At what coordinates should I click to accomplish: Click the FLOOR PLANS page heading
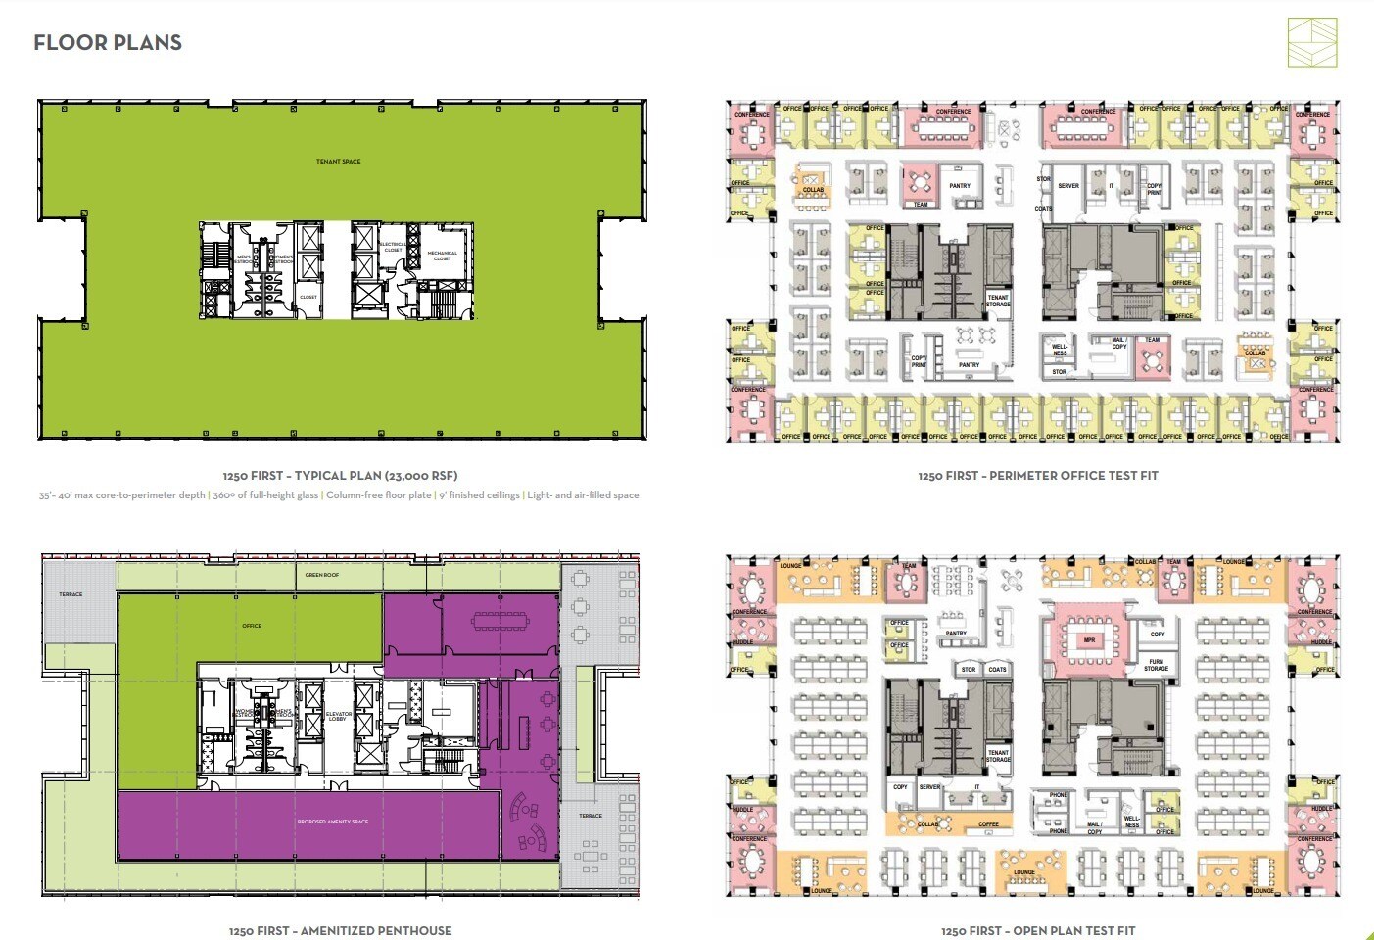pos(108,43)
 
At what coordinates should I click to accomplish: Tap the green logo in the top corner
pos(1311,43)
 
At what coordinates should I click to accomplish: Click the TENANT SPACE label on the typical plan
pos(338,162)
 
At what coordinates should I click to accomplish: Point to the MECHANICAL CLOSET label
pos(442,256)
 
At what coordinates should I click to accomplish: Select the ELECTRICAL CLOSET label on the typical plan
pos(393,247)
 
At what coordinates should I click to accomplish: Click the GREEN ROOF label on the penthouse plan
pos(321,575)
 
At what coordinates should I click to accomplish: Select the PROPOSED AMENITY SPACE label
pos(333,822)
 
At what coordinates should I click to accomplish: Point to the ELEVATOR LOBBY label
pos(338,717)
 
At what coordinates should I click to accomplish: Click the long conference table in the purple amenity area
pos(499,620)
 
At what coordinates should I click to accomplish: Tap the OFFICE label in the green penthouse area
pos(252,626)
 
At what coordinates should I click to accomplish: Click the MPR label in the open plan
pos(1089,640)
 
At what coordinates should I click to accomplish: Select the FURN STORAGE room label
pos(1156,665)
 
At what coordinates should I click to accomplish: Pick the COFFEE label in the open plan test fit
pos(988,824)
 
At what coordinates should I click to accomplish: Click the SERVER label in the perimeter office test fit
pos(1068,186)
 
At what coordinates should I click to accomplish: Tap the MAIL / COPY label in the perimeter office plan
pos(1118,343)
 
